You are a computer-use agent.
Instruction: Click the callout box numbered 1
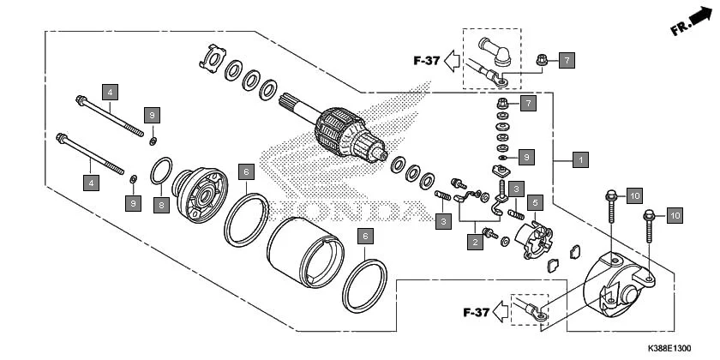pos(580,159)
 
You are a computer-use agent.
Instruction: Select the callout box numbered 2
pos(474,243)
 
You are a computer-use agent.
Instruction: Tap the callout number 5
pos(534,203)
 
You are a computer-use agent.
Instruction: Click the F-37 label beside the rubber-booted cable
pos(426,61)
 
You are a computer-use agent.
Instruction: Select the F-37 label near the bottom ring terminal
pos(475,311)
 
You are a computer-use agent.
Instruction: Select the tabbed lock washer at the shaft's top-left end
pos(210,57)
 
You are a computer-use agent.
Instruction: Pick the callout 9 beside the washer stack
pos(527,157)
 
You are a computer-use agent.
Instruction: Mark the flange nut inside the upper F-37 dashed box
pos(541,60)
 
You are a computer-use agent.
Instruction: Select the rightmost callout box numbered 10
pos(674,215)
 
